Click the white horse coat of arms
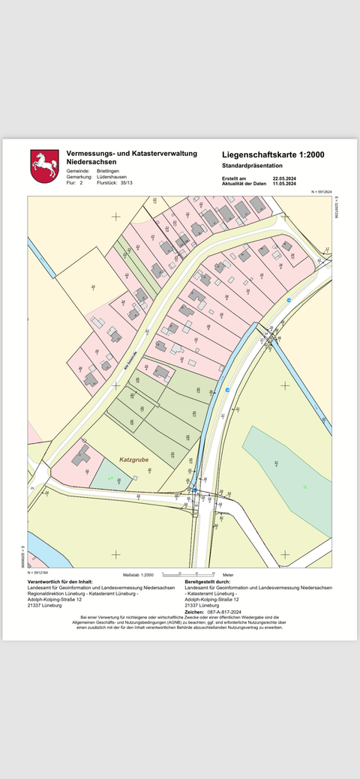pyautogui.click(x=44, y=166)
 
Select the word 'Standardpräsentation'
pyautogui.click(x=252, y=165)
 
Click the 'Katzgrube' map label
pyautogui.click(x=134, y=459)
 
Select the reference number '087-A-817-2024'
pyautogui.click(x=224, y=612)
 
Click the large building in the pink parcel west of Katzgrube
pyautogui.click(x=81, y=454)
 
